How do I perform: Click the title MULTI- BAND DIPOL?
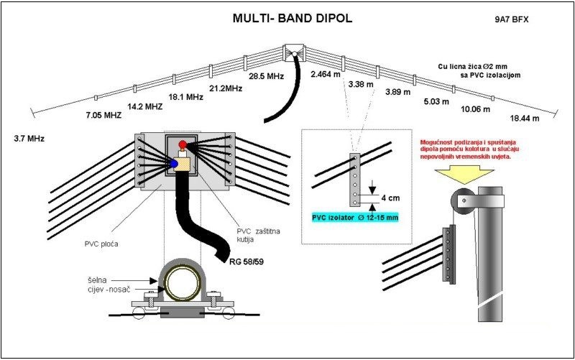click(291, 18)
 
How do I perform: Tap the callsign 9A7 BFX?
click(512, 19)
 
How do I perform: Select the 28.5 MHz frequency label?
click(267, 75)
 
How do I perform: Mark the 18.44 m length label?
click(525, 117)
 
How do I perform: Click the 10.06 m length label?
click(475, 109)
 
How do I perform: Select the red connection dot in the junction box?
click(184, 145)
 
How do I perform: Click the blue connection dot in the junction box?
click(172, 165)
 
